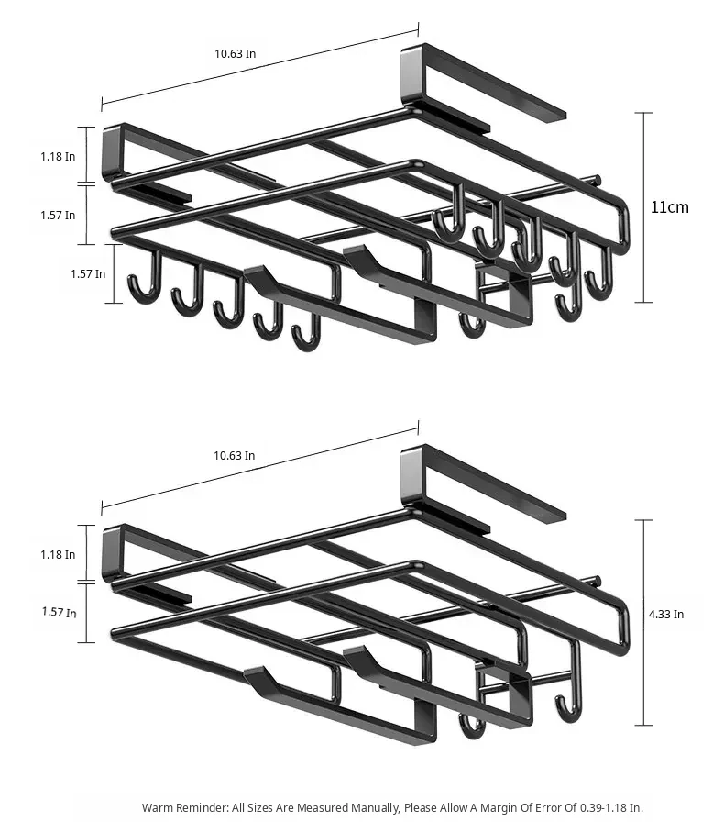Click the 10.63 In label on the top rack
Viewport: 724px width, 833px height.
[236, 53]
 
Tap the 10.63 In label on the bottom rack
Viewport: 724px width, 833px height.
[234, 455]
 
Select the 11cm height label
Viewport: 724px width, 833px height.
[670, 206]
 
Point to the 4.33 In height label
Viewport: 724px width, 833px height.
[666, 614]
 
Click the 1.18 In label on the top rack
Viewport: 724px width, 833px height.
[58, 156]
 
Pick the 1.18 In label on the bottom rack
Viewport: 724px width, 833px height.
[58, 554]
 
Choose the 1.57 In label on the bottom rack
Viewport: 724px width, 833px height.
[59, 612]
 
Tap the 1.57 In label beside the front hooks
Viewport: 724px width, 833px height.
[88, 273]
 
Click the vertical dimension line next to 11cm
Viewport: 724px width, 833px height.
[644, 207]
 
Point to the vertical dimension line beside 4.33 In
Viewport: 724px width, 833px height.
[644, 622]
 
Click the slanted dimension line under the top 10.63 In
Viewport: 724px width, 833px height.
[260, 67]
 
